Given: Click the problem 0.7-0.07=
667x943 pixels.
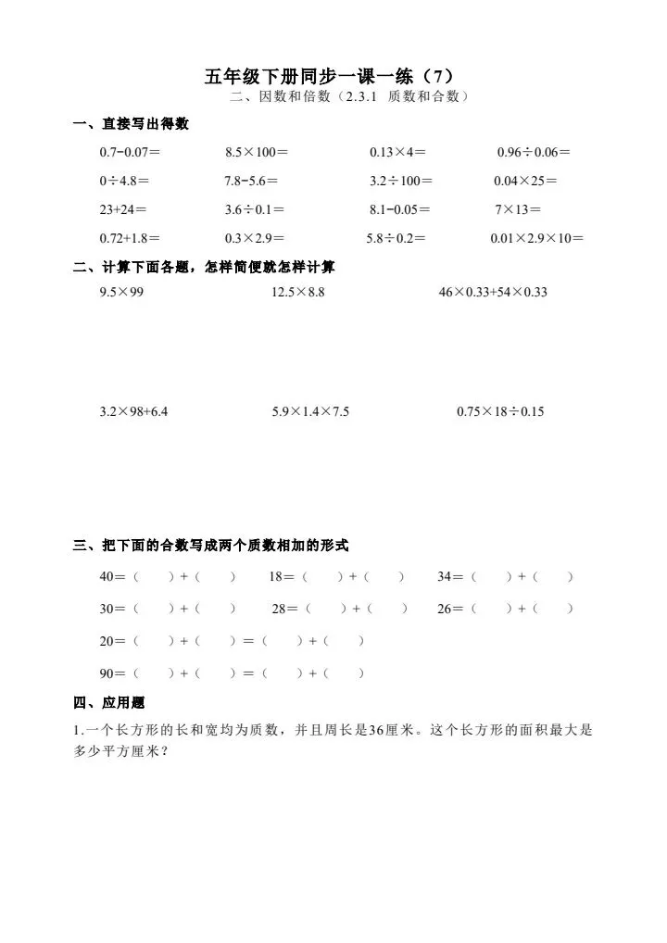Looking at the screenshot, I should [130, 152].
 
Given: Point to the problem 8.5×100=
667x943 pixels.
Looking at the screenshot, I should [257, 152].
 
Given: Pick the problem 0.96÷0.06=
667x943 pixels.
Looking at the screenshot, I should [534, 152].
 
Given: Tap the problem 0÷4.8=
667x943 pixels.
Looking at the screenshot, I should [124, 181].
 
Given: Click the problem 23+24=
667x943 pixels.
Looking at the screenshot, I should [123, 209].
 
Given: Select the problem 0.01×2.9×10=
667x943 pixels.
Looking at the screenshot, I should [537, 238].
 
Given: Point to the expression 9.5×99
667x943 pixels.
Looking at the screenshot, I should [122, 293].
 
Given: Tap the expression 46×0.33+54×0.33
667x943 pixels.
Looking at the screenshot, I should [494, 293].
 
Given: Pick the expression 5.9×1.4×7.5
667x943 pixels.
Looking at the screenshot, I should [310, 411].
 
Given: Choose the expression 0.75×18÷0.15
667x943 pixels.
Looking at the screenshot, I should [500, 411].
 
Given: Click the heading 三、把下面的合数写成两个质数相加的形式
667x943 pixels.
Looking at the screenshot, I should [211, 547].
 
